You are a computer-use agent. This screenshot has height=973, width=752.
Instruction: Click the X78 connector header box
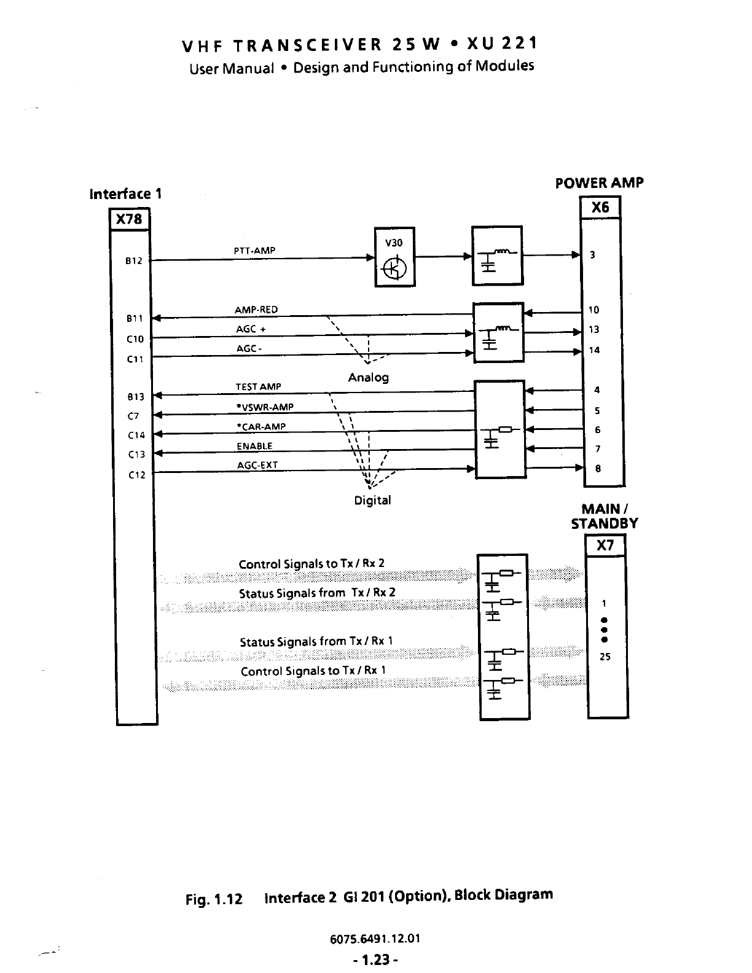(x=129, y=219)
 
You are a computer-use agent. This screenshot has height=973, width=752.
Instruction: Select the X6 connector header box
(x=600, y=208)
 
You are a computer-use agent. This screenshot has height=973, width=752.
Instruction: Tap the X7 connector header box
(x=605, y=545)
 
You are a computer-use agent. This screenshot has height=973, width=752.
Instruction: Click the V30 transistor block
(x=394, y=257)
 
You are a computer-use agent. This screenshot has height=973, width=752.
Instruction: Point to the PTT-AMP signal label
(x=254, y=251)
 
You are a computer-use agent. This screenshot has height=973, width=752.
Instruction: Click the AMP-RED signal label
(x=257, y=310)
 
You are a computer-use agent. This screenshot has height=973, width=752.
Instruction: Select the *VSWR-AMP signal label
(x=265, y=407)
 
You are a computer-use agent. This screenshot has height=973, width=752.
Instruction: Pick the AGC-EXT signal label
(x=257, y=465)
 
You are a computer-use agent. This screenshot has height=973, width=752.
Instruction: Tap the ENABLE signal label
(x=254, y=446)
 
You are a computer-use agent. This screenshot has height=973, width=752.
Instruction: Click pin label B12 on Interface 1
(x=134, y=260)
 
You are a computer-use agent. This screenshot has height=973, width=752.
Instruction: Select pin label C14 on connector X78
(x=136, y=436)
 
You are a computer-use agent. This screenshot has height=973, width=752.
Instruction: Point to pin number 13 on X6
(x=594, y=330)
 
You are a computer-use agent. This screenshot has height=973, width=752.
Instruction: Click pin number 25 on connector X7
(x=605, y=657)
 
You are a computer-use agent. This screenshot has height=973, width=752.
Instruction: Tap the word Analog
(x=369, y=377)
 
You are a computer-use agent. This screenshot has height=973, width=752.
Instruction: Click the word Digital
(x=372, y=500)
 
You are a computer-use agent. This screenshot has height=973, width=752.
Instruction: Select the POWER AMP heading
(x=599, y=183)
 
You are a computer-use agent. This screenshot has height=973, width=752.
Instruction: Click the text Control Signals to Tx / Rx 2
(x=311, y=564)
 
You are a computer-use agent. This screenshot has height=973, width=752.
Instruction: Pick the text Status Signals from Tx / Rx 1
(x=316, y=641)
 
